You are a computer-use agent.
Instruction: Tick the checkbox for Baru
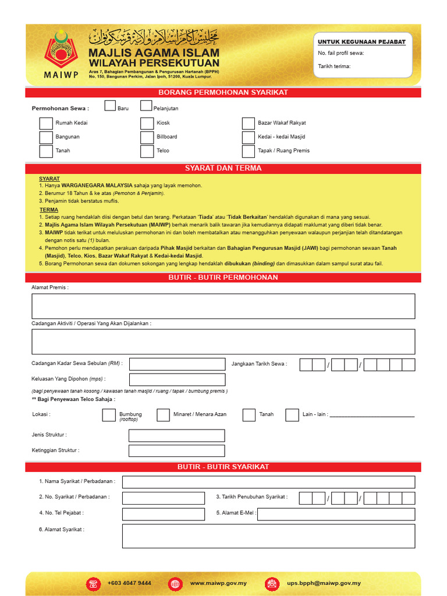coord(110,105)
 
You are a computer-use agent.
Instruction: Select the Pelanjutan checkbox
coord(146,105)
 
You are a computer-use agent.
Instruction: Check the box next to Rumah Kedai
coord(46,123)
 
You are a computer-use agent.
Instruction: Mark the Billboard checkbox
coord(147,137)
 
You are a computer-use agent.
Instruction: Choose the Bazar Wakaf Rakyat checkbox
coord(249,123)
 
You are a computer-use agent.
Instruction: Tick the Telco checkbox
coord(147,151)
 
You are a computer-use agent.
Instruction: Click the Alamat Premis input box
coord(223,306)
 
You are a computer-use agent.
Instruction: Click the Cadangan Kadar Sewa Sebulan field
coord(177,364)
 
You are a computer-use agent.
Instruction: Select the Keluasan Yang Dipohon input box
coord(177,379)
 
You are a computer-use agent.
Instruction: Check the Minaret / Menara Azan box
coord(164,414)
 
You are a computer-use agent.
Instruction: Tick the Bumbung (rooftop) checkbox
coord(109,414)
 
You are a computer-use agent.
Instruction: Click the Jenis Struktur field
coord(176,435)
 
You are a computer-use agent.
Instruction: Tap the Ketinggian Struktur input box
coord(176,450)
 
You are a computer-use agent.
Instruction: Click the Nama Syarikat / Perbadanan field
coord(268,482)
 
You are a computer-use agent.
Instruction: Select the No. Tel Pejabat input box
coord(164,514)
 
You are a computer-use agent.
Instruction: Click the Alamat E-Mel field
coord(336,514)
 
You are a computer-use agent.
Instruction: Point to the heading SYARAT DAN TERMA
coord(223,168)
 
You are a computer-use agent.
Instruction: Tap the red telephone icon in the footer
coord(93,583)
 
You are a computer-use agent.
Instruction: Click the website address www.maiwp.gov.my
coord(218,583)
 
